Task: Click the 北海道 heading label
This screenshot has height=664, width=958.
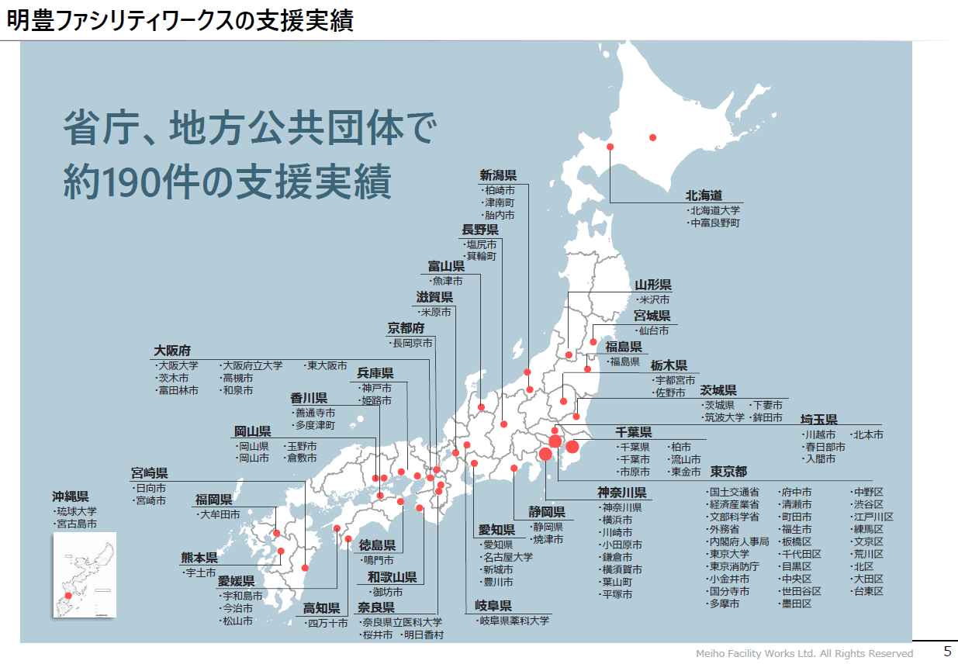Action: (704, 195)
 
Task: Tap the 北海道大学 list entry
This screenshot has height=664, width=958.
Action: (714, 210)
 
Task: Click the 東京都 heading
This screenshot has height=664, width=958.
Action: (728, 472)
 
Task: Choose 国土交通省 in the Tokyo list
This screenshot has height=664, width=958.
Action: (734, 492)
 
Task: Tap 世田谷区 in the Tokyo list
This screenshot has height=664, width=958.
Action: (801, 591)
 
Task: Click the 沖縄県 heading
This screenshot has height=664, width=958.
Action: (71, 496)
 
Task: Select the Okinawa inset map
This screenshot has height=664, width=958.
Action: (85, 575)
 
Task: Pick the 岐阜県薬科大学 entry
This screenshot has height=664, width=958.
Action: (514, 621)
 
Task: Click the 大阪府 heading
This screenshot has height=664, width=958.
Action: (172, 350)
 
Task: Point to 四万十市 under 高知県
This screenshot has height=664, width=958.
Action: (327, 623)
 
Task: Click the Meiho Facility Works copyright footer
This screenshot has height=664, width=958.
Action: (804, 653)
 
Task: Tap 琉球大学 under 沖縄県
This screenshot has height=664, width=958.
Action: (76, 511)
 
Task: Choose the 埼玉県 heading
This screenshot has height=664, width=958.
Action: (819, 420)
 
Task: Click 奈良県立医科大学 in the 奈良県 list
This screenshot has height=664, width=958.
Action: (402, 622)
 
